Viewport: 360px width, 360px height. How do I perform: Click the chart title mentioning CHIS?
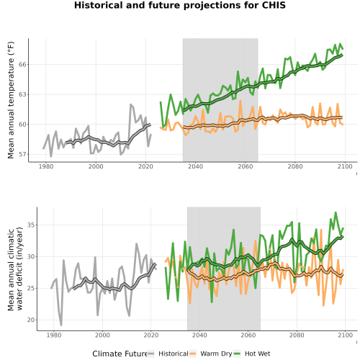[x=180, y=5]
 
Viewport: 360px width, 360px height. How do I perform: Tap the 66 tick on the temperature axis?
[x=22, y=65]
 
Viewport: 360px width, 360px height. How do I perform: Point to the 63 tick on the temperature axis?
[x=22, y=94]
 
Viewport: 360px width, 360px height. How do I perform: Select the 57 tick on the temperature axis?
[x=22, y=154]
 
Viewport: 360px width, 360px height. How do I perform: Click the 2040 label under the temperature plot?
[x=195, y=166]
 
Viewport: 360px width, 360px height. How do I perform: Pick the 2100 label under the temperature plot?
[x=345, y=166]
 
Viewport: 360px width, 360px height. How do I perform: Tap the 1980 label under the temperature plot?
[x=46, y=166]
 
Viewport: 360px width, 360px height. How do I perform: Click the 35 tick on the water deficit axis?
[x=31, y=225]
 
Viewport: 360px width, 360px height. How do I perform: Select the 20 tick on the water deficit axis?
[x=31, y=320]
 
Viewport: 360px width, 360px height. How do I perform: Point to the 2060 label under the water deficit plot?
[x=248, y=335]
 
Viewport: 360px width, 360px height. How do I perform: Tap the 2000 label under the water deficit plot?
[x=102, y=335]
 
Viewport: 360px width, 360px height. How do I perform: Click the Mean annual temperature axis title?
[x=11, y=100]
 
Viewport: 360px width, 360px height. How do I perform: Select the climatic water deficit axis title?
[x=15, y=269]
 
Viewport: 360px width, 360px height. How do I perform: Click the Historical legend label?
[x=174, y=354]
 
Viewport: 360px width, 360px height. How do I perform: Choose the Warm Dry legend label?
[x=216, y=354]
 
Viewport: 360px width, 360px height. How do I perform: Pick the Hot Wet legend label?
[x=257, y=354]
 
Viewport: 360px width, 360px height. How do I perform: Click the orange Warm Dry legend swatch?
[x=193, y=354]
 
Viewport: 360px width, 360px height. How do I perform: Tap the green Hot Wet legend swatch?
[x=237, y=354]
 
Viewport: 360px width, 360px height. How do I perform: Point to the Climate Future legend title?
[x=120, y=354]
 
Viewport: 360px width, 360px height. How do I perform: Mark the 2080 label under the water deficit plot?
[x=297, y=335]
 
